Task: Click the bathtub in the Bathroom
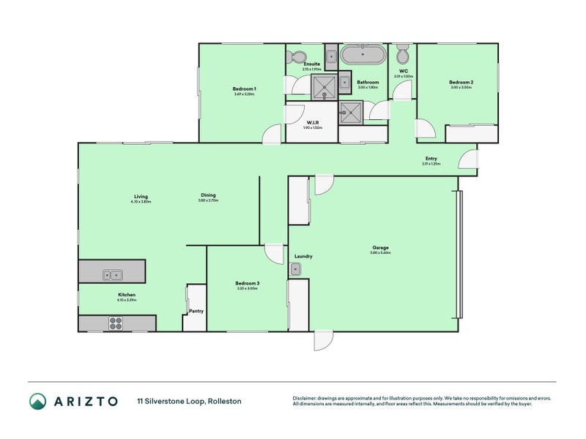coord(363,56)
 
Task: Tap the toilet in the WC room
coord(402,56)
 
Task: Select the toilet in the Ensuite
coord(297,57)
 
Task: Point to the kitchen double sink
coord(113,275)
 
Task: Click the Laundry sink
coord(297,270)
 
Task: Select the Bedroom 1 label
coord(244,89)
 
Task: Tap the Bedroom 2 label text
coord(461,83)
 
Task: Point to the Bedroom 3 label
coord(247,283)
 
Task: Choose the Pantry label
coord(196,311)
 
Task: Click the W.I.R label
coord(312,122)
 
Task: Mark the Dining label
coord(208,195)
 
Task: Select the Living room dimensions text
coord(141,201)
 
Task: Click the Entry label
coord(431,159)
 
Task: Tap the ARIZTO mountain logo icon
coord(38,401)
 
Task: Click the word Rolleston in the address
coord(224,401)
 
